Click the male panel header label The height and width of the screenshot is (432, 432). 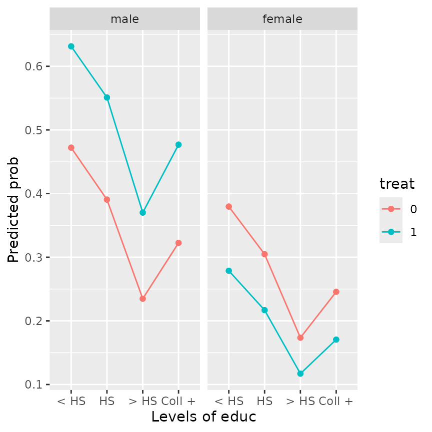pyautogui.click(x=124, y=19)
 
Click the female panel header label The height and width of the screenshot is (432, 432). pyautogui.click(x=282, y=19)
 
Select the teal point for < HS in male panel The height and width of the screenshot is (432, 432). pyautogui.click(x=71, y=46)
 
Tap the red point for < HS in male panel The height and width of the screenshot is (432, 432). pyautogui.click(x=71, y=148)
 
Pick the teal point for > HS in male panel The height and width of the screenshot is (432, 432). pyautogui.click(x=142, y=212)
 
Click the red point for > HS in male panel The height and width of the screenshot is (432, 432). pyautogui.click(x=142, y=299)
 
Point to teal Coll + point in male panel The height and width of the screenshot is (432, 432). pyautogui.click(x=178, y=145)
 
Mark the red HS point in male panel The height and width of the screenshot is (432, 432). pyautogui.click(x=106, y=199)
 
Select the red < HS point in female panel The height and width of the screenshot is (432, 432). pyautogui.click(x=228, y=206)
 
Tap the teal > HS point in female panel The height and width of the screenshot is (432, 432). pyautogui.click(x=300, y=374)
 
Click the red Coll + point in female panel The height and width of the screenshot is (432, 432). pyautogui.click(x=336, y=292)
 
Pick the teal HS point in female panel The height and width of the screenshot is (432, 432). pyautogui.click(x=264, y=310)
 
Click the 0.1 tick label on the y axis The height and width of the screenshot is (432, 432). pyautogui.click(x=34, y=385)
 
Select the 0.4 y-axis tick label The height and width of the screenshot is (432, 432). pyautogui.click(x=34, y=194)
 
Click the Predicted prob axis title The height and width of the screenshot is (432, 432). pyautogui.click(x=13, y=210)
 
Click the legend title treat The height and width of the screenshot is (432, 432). pyautogui.click(x=397, y=184)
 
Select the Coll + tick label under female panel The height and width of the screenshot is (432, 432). pyautogui.click(x=336, y=401)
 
